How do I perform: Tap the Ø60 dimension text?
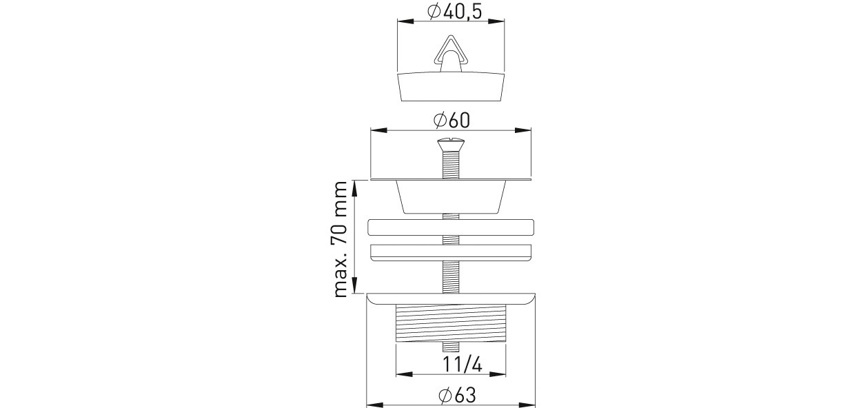pos(451,120)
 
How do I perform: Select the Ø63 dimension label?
pos(457,396)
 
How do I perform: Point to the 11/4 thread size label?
pos(463,365)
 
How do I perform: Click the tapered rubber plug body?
pos(451,86)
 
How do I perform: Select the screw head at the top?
pos(451,145)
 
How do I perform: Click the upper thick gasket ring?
pos(451,227)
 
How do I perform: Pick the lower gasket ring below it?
pos(451,252)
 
